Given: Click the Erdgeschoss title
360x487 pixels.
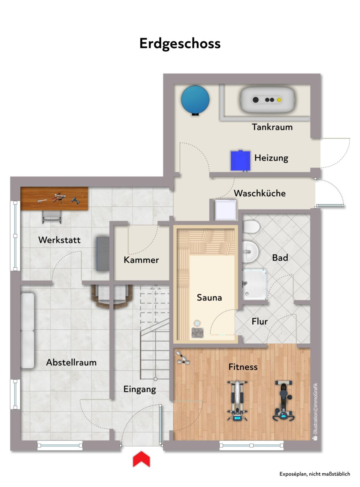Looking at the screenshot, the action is [180, 44].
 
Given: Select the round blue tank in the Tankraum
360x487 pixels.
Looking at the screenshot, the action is [195, 100].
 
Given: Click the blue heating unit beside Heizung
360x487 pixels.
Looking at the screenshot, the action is [240, 161].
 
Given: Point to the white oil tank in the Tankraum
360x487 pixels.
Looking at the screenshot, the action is [267, 100].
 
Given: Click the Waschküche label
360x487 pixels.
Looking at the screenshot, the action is [260, 193].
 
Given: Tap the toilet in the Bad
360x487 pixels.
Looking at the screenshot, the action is [251, 227].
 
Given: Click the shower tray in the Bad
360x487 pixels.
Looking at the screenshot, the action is [255, 284].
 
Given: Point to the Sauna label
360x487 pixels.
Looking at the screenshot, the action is [209, 298].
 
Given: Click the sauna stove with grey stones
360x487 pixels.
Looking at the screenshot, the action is [197, 333].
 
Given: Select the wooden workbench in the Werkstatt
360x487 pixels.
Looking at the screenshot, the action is [54, 198].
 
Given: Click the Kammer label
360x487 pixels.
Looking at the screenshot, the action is [141, 260].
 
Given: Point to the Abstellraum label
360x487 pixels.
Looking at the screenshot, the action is [71, 362].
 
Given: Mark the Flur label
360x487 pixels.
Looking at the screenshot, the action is [260, 322].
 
